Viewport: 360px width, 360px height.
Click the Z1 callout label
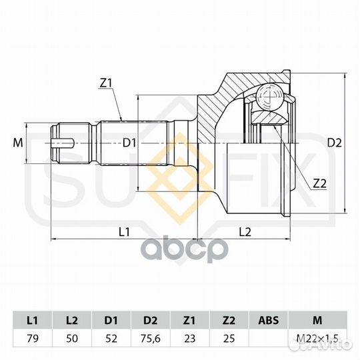105,83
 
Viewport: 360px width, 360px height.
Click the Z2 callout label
320,183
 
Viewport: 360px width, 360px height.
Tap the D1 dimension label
129,143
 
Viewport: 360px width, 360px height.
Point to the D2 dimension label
334,143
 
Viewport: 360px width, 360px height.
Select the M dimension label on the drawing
18,143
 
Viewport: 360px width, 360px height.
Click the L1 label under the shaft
124,232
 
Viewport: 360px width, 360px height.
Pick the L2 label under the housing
245,232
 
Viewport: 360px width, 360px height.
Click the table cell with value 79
33,339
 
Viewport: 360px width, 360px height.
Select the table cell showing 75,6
151,339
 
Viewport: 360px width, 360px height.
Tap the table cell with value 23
189,339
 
